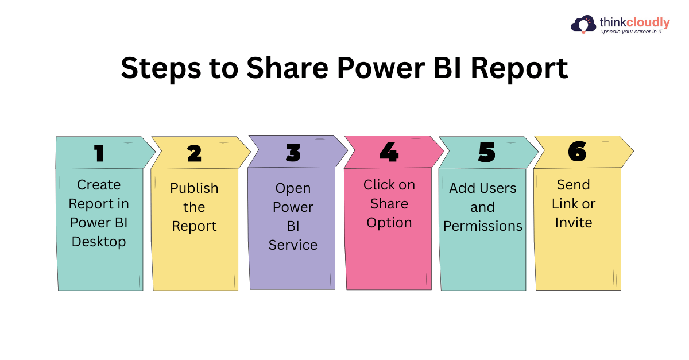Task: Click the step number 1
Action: pyautogui.click(x=99, y=153)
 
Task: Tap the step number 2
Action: pyautogui.click(x=195, y=153)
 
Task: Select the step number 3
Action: pyautogui.click(x=293, y=153)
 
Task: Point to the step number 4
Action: pyautogui.click(x=389, y=152)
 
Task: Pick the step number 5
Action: pyautogui.click(x=487, y=152)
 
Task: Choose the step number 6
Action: pyautogui.click(x=578, y=152)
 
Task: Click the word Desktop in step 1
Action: pyautogui.click(x=99, y=242)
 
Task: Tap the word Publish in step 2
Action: pyautogui.click(x=194, y=188)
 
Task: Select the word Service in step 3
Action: pyautogui.click(x=293, y=245)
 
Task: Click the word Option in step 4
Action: pyautogui.click(x=389, y=223)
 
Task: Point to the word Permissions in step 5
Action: pyautogui.click(x=483, y=226)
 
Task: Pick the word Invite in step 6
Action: pyautogui.click(x=574, y=222)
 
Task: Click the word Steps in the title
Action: pyautogui.click(x=161, y=69)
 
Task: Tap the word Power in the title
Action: pyautogui.click(x=381, y=68)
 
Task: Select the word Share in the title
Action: pyautogui.click(x=288, y=68)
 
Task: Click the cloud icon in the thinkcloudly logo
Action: pyautogui.click(x=583, y=24)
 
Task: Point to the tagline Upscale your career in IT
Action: pyautogui.click(x=631, y=32)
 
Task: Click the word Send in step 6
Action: pyautogui.click(x=574, y=185)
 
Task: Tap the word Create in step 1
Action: pyautogui.click(x=99, y=185)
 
